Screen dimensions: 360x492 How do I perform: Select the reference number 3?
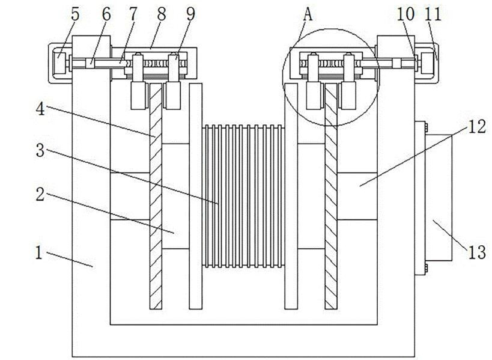click(x=40, y=150)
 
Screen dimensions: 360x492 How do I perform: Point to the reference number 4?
click(x=40, y=109)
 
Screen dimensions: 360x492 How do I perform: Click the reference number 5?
click(x=74, y=14)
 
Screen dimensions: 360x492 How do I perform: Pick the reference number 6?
click(x=106, y=15)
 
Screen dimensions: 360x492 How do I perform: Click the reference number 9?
click(x=190, y=15)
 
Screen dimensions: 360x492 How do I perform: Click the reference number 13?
click(x=476, y=252)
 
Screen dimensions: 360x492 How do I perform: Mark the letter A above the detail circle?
click(x=308, y=15)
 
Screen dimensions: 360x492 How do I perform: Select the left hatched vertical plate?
click(x=156, y=198)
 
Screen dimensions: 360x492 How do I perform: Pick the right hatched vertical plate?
click(x=330, y=198)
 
